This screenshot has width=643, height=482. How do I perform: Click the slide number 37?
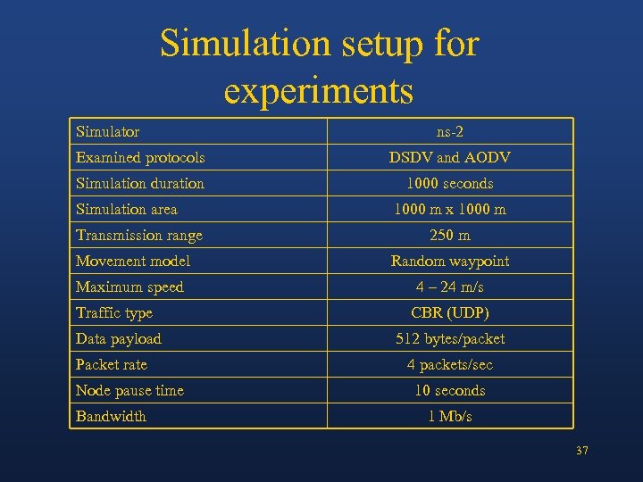(582, 451)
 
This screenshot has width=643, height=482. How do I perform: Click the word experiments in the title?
(319, 90)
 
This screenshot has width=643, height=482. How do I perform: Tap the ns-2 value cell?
(450, 132)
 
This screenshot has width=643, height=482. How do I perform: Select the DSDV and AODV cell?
(450, 158)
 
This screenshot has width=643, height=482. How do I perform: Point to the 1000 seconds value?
(450, 184)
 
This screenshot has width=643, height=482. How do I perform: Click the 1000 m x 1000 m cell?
(450, 210)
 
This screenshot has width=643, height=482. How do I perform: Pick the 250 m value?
(450, 236)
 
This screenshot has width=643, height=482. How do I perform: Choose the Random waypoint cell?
(450, 262)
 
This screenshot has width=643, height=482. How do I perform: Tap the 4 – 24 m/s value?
(450, 287)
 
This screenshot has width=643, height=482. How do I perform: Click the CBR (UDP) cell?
(450, 313)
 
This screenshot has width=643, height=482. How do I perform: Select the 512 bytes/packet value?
(450, 339)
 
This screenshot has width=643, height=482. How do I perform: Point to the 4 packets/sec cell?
(450, 365)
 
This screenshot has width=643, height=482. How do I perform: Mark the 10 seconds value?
(450, 391)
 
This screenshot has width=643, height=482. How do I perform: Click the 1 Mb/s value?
(450, 417)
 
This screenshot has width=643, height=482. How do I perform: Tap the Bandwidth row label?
(112, 417)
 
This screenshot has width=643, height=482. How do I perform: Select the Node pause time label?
(129, 391)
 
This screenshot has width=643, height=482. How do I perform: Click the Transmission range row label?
(139, 236)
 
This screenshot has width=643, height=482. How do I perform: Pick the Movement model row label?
(133, 262)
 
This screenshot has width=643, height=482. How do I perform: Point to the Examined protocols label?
(140, 158)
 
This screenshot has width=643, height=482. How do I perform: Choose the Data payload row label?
(119, 339)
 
